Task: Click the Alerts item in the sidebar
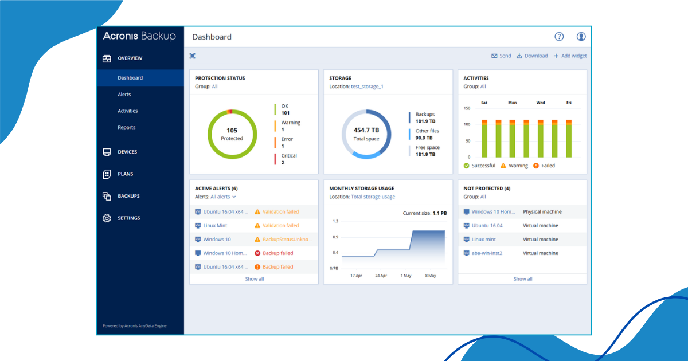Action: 124,95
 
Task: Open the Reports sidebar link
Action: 126,128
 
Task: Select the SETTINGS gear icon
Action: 107,218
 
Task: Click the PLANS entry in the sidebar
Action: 125,174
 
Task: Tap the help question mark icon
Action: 559,37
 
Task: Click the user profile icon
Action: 581,37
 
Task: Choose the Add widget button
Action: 570,56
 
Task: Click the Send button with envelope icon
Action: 501,56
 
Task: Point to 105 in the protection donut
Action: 232,131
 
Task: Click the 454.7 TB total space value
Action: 366,131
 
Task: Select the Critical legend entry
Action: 289,156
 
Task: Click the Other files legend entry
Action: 427,131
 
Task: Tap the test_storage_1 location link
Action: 367,87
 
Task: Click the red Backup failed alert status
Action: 277,253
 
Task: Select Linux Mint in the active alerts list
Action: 215,226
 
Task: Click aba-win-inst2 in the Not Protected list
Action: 487,253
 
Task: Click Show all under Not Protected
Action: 522,279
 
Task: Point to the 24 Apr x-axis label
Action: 381,276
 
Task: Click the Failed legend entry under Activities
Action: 548,166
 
